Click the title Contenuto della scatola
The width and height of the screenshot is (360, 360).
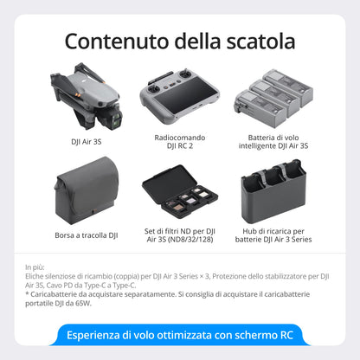click(180, 41)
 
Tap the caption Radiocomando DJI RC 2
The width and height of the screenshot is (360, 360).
click(180, 141)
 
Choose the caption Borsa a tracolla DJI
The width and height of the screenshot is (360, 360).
click(87, 235)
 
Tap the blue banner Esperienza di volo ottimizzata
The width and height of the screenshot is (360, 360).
click(180, 336)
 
